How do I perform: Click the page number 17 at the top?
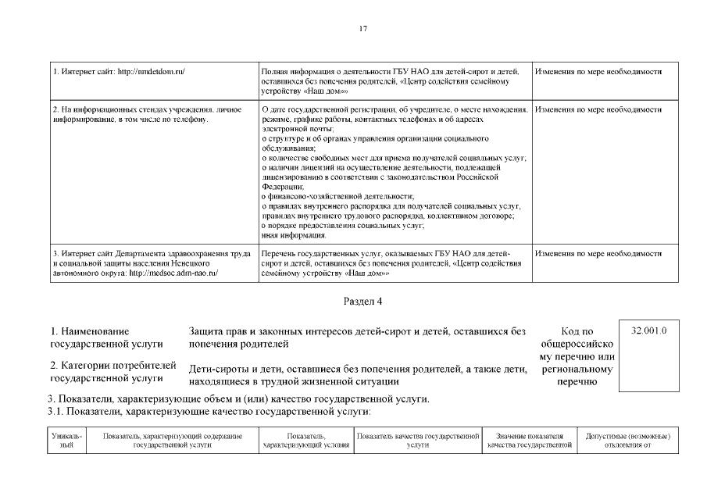coord(362,29)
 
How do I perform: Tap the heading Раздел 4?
coord(362,301)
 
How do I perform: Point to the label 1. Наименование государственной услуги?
coord(106,337)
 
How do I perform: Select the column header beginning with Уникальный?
coord(66,440)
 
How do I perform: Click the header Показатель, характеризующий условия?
coord(305,440)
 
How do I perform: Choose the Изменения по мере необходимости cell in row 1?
coord(598,72)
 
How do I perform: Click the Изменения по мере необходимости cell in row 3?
coord(598,254)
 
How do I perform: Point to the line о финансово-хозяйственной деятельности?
coord(337,196)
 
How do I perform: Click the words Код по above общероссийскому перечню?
coord(577,332)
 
